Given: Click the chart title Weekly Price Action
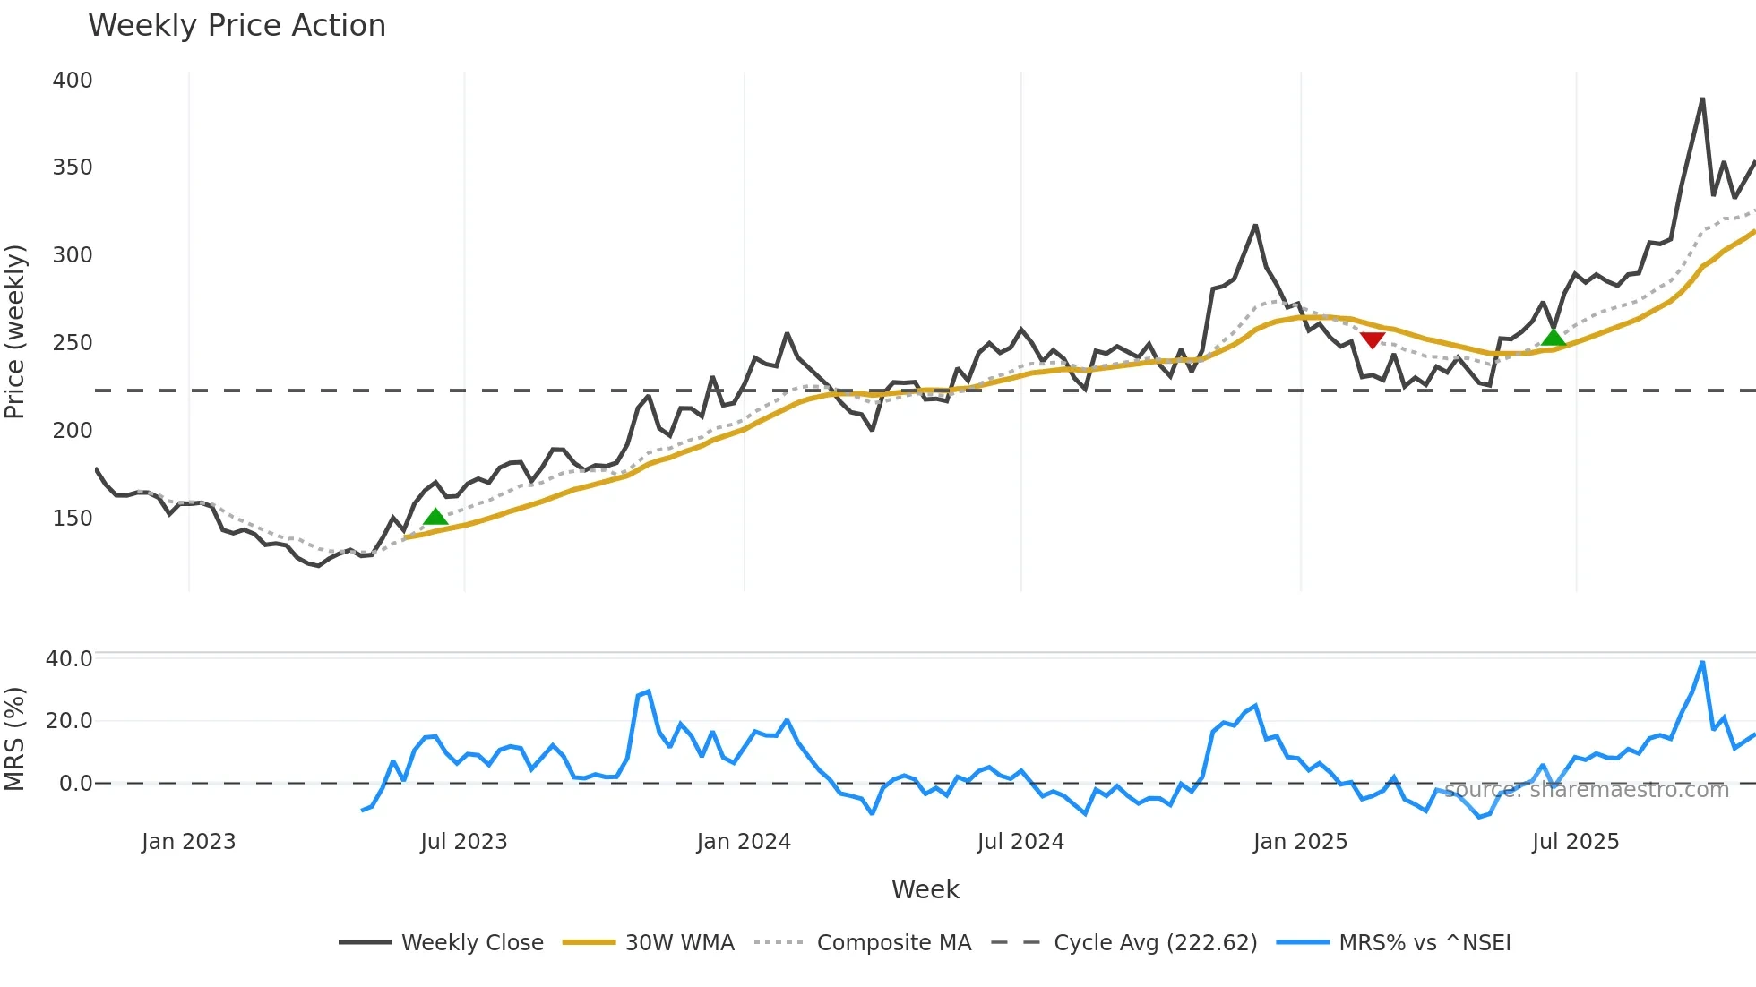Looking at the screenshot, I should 237,26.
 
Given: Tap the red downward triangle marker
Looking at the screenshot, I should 1373,339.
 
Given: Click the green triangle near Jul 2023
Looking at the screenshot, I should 435,517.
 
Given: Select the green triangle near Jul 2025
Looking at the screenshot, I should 1554,337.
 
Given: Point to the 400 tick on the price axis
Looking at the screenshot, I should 73,81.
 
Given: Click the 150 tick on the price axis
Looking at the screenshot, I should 73,519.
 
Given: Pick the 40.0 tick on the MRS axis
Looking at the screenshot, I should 69,659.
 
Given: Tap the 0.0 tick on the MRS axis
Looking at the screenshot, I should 75,784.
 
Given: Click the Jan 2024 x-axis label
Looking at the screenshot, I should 744,842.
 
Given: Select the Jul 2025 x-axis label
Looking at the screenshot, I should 1575,842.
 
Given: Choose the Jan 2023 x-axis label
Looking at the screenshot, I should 188,842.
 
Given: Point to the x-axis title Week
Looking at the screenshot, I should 925,889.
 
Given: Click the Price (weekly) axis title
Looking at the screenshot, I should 15,331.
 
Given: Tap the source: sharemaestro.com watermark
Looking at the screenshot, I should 1586,790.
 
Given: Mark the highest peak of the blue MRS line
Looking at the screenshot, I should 1702,663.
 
